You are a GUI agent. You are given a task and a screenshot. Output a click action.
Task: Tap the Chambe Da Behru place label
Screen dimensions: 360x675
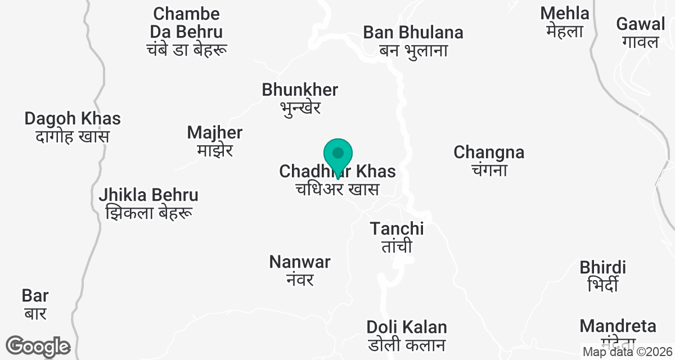pos(187,31)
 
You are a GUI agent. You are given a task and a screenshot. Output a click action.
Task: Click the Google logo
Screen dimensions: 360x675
pos(38,346)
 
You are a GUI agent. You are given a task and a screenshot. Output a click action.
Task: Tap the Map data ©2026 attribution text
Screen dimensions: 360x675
pos(627,352)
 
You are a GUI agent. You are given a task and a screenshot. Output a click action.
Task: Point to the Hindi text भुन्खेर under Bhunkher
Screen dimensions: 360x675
pos(300,107)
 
